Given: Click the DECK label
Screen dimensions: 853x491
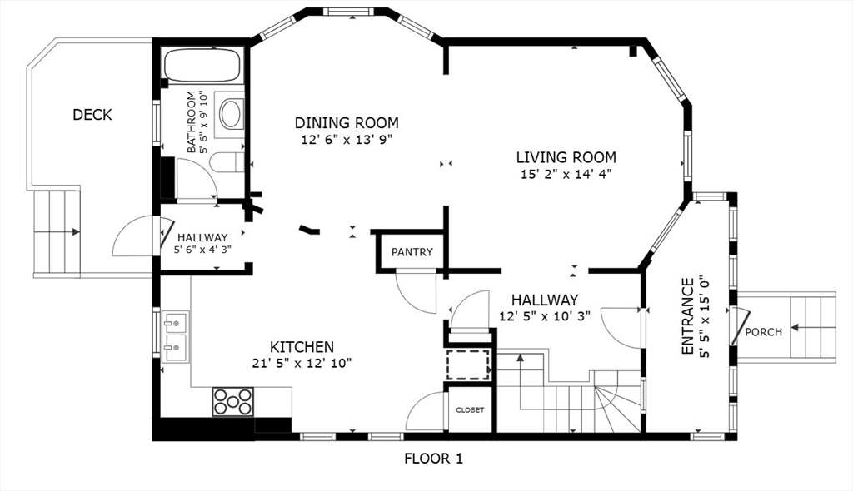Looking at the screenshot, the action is point(92,115).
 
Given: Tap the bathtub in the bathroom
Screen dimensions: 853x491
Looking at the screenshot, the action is point(202,65).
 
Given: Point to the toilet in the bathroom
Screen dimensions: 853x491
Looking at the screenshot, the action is point(227,162).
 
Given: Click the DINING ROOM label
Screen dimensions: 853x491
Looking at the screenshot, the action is point(347,123).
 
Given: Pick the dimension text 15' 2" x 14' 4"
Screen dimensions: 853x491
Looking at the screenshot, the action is point(566,175).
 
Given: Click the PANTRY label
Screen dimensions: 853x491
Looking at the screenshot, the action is point(412,252).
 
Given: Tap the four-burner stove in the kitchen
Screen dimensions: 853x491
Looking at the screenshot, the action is point(233,402).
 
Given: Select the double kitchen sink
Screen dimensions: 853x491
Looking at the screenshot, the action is point(176,336).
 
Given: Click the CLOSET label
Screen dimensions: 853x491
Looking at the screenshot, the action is point(470,410).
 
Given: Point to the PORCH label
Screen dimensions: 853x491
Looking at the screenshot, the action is point(763,332).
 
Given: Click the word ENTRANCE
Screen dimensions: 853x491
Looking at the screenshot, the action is point(687,316).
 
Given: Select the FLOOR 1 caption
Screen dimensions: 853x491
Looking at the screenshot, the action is point(433,459).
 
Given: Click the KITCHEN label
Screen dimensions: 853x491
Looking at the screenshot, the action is point(302,347).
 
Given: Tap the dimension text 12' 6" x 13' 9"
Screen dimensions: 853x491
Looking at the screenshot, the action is point(347,140).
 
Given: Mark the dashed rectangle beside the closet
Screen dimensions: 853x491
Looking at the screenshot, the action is point(468,365).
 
